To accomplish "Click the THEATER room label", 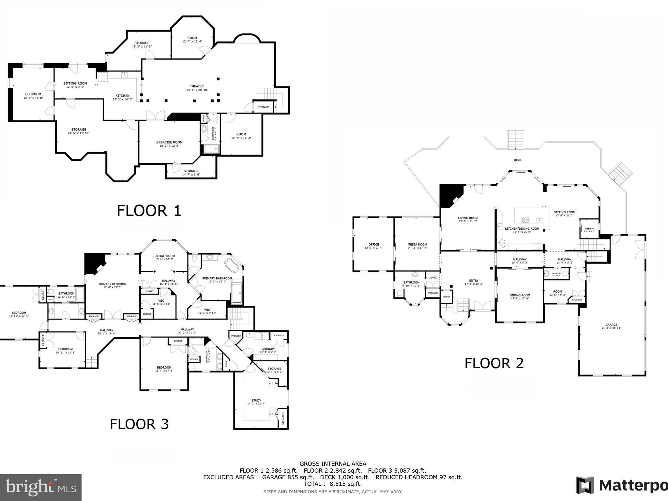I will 197,86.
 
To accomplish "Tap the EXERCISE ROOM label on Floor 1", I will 169,142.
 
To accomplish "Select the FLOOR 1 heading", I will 149,210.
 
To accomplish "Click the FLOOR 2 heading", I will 494,363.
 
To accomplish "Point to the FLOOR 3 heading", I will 139,424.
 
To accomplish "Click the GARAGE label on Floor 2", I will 611,325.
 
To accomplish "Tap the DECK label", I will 518,160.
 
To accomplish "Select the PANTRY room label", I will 589,229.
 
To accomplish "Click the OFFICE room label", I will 373,244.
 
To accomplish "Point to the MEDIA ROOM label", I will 417,244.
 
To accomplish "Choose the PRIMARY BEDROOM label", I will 112,284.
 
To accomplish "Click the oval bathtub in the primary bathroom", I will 233,266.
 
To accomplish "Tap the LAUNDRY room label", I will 268,349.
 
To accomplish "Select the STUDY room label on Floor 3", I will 256,401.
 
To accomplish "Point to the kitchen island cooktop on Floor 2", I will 525,220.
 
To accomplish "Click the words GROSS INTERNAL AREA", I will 333,463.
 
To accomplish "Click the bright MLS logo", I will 41,487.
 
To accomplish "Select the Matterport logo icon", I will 585,485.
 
